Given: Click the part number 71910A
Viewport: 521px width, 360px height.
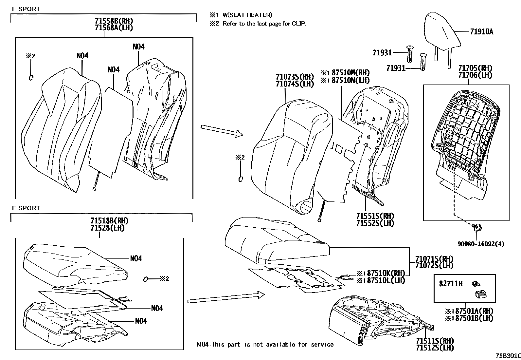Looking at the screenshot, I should point(481,32).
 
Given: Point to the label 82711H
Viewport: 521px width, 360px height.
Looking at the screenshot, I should point(450,283).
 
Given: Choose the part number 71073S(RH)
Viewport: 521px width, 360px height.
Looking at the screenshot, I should point(295,77).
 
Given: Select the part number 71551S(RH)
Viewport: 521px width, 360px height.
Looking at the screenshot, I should point(375,216).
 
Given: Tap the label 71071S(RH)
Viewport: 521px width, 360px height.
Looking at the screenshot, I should point(434,258).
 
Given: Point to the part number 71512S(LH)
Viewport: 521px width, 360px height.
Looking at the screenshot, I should point(435,348).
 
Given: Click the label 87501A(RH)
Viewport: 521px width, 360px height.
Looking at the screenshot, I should point(473,311).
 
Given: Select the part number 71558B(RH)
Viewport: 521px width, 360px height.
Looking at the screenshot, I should point(114,21).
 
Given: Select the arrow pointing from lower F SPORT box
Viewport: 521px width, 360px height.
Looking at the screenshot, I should point(226,297).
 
